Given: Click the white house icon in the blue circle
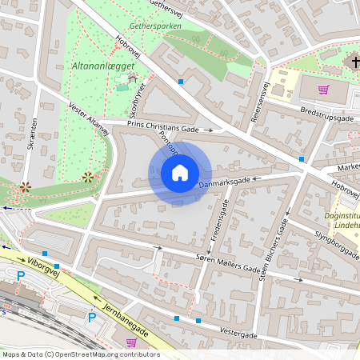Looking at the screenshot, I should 180,172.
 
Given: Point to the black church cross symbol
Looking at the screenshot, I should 356,62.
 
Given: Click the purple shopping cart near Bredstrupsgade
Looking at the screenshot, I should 323,90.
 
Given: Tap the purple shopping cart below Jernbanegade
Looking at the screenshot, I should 131,342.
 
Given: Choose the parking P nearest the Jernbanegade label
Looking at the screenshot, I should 91,318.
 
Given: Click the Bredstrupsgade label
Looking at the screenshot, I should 326,113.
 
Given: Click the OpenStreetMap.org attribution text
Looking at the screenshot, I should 80,354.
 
